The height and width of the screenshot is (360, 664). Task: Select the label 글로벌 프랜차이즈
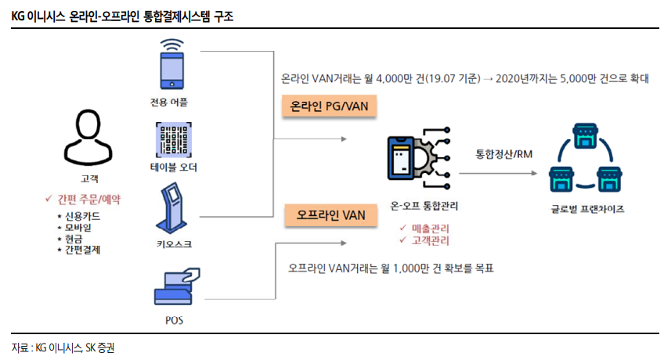[587, 209]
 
